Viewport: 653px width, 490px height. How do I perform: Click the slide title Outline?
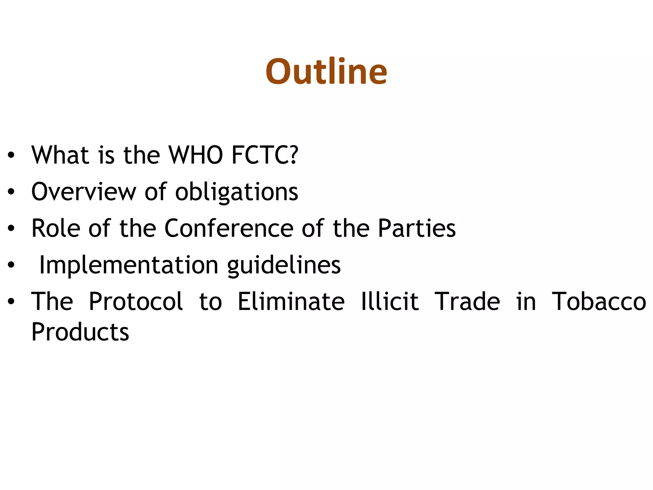[326, 71]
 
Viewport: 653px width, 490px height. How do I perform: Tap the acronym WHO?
[195, 155]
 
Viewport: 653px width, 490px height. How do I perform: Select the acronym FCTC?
[265, 155]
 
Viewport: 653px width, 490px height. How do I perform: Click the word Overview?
[84, 192]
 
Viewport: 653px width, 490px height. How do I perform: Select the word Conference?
[229, 228]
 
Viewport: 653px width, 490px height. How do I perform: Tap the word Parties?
[417, 228]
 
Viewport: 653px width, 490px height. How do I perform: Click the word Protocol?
[136, 301]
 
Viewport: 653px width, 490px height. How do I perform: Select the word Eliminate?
[291, 301]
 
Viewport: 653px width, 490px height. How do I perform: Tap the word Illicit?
[390, 301]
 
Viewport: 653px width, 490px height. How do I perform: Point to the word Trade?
[467, 301]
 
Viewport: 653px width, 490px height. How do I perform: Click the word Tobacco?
[599, 301]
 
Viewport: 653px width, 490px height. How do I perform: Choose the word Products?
[80, 332]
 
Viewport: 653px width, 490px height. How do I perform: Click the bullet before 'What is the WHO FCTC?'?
[11, 155]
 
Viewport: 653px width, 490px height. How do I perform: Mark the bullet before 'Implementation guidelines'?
[11, 265]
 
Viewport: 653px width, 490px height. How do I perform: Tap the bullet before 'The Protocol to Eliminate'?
[11, 301]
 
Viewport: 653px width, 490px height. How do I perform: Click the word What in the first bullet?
[60, 155]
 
